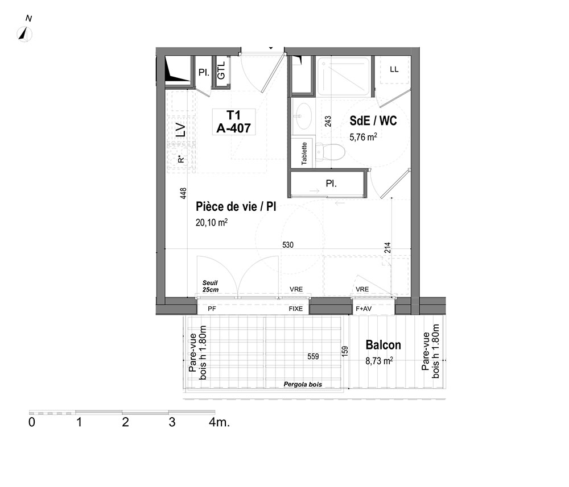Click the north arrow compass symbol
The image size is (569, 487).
pyautogui.click(x=24, y=35)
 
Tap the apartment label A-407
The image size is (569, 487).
pyautogui.click(x=234, y=128)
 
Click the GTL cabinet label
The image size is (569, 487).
pyautogui.click(x=221, y=70)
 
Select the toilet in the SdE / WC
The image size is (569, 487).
pyautogui.click(x=329, y=152)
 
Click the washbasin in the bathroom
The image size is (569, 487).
pyautogui.click(x=302, y=115)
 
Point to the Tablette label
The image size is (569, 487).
pyautogui.click(x=304, y=153)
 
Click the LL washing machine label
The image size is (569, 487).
pyautogui.click(x=394, y=69)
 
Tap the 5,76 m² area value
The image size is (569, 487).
pyautogui.click(x=363, y=137)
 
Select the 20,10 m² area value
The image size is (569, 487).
pyautogui.click(x=212, y=222)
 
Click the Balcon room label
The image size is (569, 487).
pyautogui.click(x=383, y=345)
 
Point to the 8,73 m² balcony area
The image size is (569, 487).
pyautogui.click(x=379, y=361)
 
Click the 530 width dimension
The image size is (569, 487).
pyautogui.click(x=288, y=245)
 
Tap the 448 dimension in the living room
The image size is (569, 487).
pyautogui.click(x=183, y=193)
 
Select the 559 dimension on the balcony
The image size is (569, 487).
pyautogui.click(x=313, y=356)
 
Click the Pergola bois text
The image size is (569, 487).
pyautogui.click(x=303, y=384)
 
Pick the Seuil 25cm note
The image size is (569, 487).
pyautogui.click(x=211, y=286)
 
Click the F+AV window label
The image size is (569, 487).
pyautogui.click(x=364, y=309)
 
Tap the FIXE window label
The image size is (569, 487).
pyautogui.click(x=296, y=309)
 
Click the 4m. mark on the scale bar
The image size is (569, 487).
pyautogui.click(x=219, y=422)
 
